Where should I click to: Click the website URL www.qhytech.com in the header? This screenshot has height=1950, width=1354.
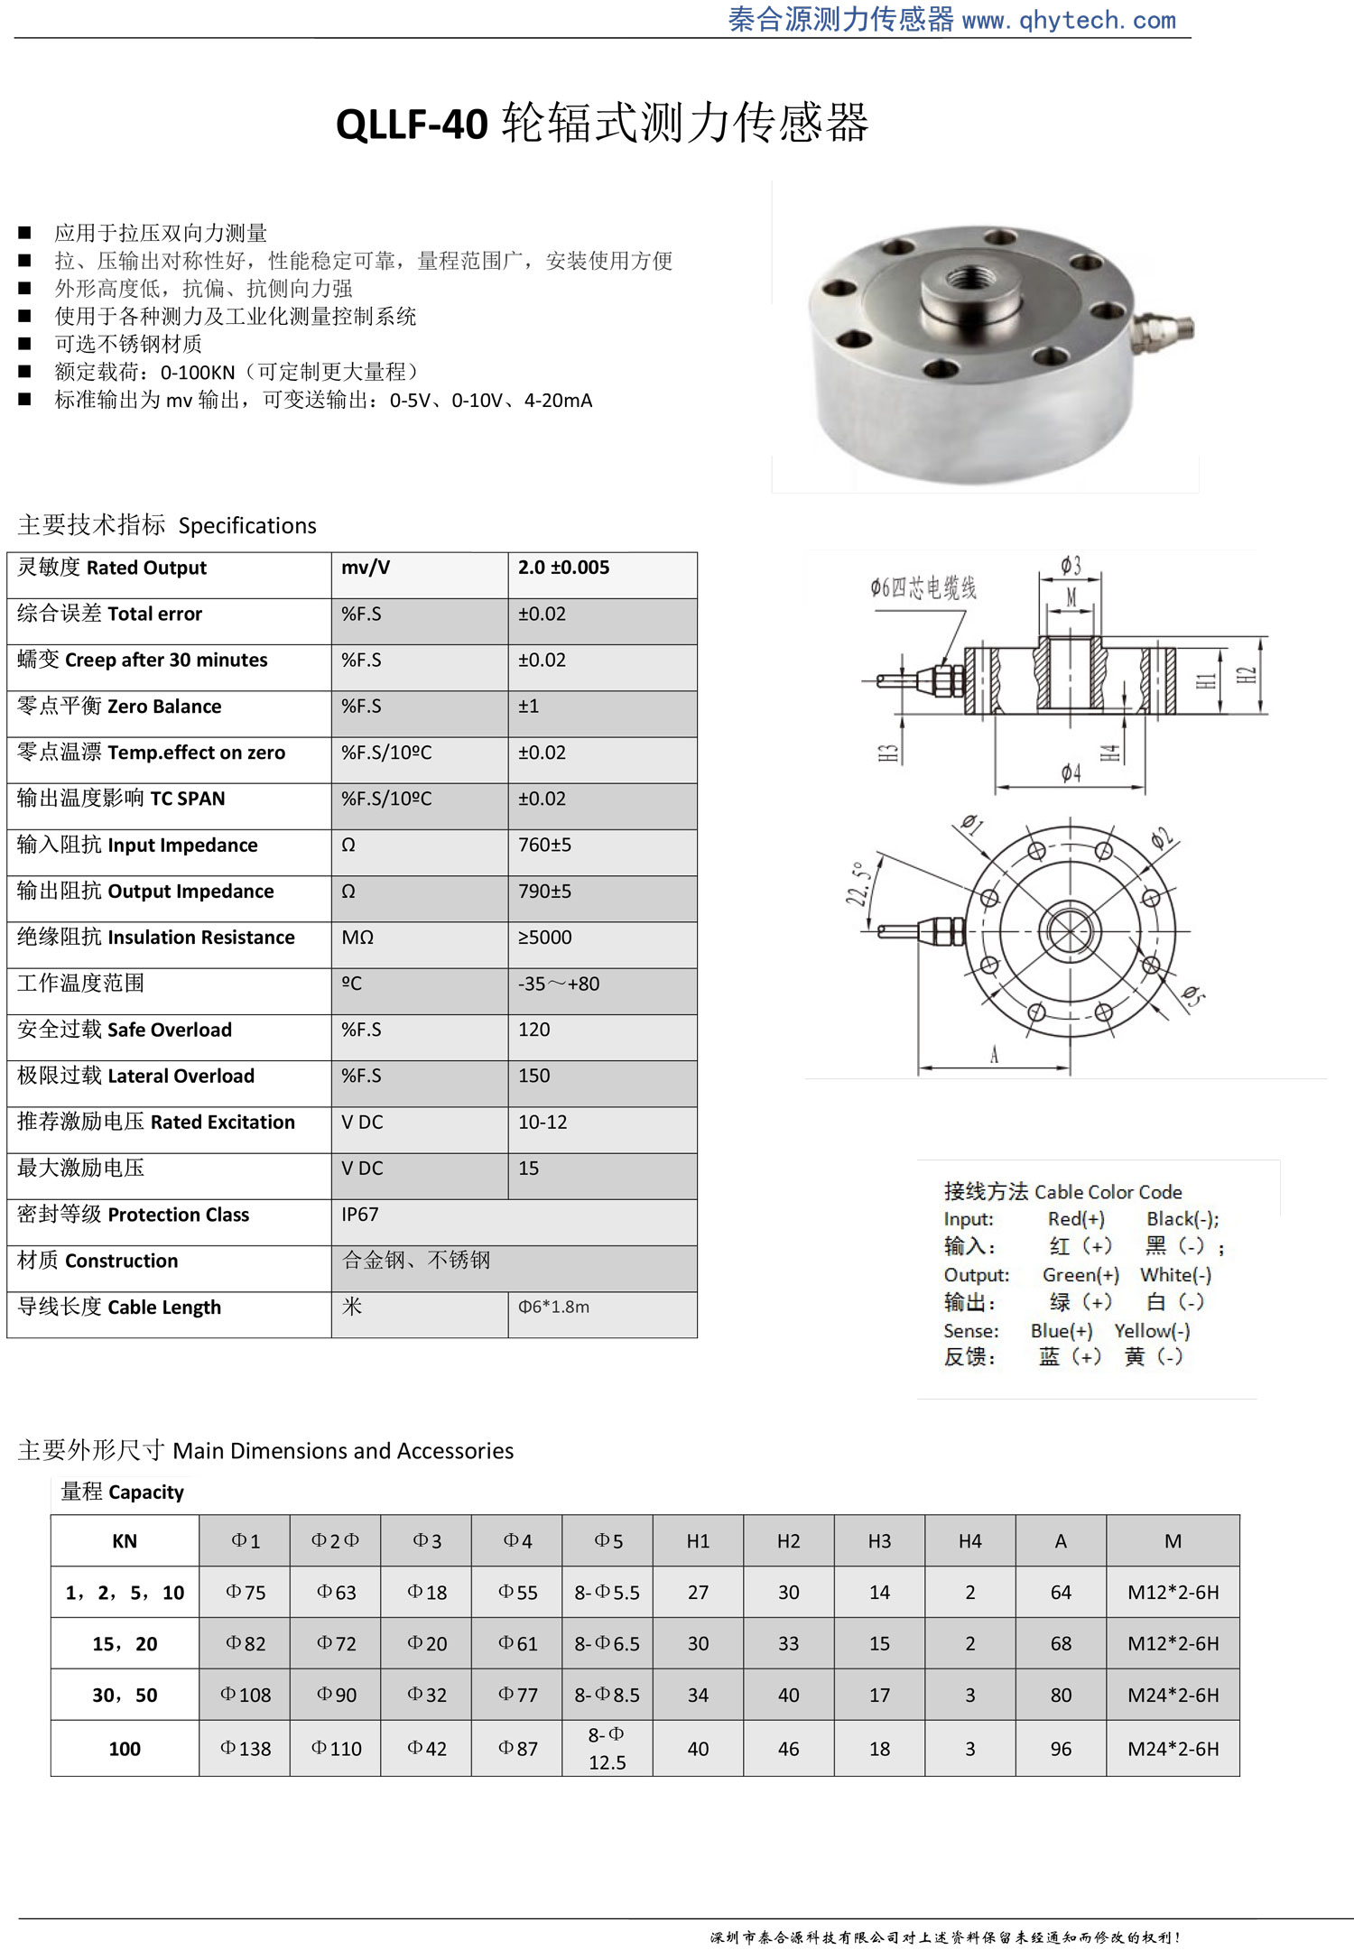coord(1069,20)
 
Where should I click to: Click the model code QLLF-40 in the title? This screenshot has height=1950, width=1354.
coord(412,125)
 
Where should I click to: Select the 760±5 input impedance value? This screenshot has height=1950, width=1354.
coord(544,846)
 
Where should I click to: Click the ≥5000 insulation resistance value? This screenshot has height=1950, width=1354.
coord(544,938)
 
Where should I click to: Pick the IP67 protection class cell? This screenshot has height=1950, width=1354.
coord(359,1215)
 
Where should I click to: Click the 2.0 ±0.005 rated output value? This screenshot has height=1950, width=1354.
coord(563,568)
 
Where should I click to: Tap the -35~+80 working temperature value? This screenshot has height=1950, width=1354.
coord(558,984)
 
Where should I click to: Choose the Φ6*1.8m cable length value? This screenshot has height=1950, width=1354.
coord(553,1307)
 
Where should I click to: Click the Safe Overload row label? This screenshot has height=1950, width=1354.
coord(125,1030)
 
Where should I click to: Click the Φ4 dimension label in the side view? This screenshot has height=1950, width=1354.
coord(1071,772)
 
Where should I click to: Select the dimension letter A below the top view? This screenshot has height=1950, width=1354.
coord(994,1055)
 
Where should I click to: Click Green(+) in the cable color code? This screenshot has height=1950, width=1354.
coord(1080,1275)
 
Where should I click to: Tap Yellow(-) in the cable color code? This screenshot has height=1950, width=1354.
coord(1152,1331)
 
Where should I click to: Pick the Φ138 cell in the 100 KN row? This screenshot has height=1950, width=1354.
coord(245,1749)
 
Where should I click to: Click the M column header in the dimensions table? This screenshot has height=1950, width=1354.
coord(1173,1541)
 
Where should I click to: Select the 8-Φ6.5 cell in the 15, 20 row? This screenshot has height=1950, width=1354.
coord(607,1644)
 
